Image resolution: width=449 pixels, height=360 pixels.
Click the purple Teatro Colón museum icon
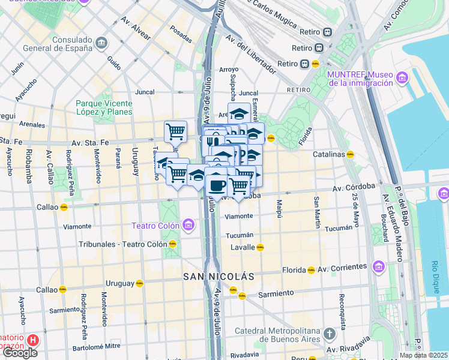(188, 226)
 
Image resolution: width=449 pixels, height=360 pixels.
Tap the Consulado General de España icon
(101, 43)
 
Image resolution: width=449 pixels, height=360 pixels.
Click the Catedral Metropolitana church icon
(329, 334)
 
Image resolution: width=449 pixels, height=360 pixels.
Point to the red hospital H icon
(33, 341)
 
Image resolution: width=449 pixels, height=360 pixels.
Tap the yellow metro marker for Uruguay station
(139, 283)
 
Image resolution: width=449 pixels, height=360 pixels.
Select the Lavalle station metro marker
(260, 247)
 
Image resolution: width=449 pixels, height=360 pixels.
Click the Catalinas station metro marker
(350, 154)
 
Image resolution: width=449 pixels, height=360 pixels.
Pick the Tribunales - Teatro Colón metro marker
(172, 244)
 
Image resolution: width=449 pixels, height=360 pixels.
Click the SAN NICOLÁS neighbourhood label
(218, 277)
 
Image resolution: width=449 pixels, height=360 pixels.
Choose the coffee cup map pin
(216, 184)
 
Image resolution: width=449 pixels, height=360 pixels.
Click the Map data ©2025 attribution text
(423, 355)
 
